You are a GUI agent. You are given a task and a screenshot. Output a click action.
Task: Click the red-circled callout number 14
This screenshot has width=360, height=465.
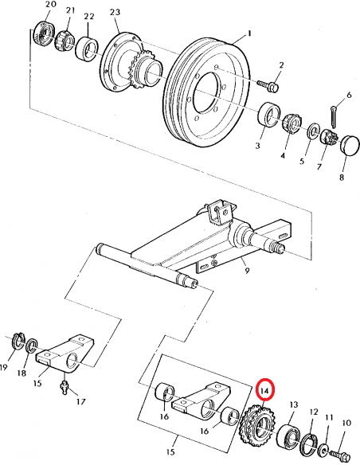tap(266, 389)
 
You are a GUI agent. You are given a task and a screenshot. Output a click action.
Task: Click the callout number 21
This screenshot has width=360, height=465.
tap(70, 11)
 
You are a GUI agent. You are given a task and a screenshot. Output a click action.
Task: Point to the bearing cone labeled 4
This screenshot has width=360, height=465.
tap(290, 123)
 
